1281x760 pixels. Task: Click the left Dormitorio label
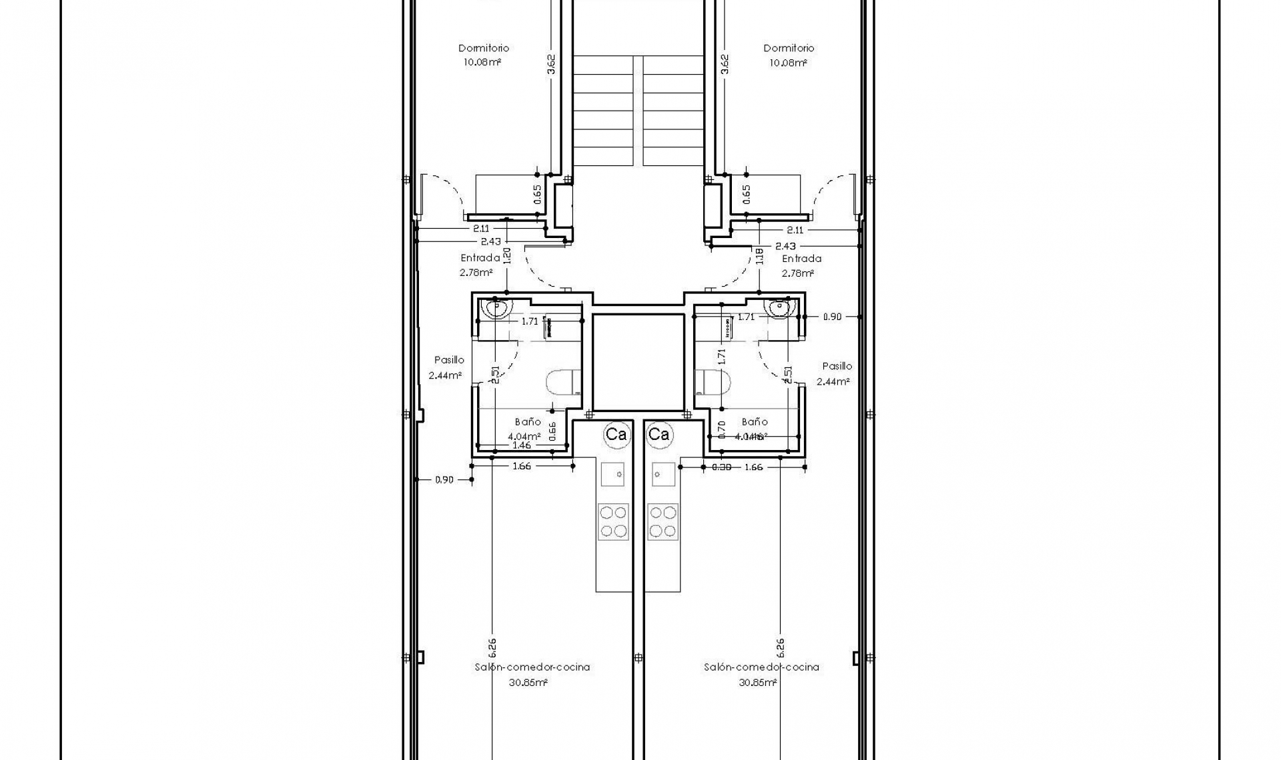click(483, 48)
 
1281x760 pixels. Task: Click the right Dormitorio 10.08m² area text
click(788, 63)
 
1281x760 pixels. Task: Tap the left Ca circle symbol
click(616, 435)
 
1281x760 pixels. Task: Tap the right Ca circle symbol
click(659, 435)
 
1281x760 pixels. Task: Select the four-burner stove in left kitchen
click(612, 521)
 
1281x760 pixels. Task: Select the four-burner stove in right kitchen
click(663, 521)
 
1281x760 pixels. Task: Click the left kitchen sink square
click(612, 474)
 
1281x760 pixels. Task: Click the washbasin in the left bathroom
click(497, 309)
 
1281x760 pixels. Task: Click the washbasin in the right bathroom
click(779, 308)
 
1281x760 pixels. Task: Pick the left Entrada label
click(480, 258)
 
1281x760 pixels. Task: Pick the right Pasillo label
click(837, 366)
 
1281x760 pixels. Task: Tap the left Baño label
click(528, 422)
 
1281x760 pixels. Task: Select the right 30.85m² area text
click(757, 683)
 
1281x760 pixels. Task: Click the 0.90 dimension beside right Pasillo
click(832, 317)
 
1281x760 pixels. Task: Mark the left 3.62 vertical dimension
click(551, 65)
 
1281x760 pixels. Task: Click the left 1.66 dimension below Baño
click(522, 466)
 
